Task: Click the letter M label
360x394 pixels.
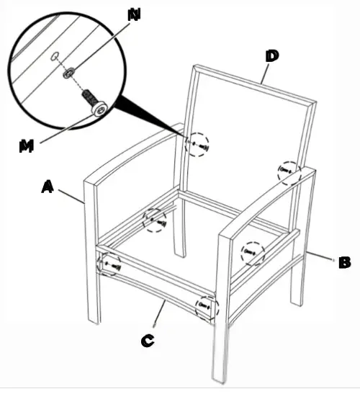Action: [27, 145]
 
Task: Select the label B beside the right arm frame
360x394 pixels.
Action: [345, 262]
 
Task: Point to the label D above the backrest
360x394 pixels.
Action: [273, 55]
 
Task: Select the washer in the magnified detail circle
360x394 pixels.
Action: [69, 72]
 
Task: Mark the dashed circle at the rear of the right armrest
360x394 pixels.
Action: [289, 171]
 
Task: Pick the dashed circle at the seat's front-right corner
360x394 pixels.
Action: [207, 307]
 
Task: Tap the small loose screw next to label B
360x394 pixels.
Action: [331, 257]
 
